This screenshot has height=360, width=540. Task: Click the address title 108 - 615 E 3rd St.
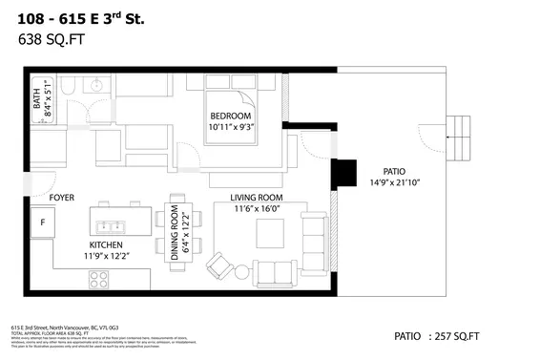[81, 16]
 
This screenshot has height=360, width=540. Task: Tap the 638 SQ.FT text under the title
[46, 39]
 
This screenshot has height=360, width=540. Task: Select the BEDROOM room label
[230, 116]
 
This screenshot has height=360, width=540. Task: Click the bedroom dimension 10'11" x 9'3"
[230, 127]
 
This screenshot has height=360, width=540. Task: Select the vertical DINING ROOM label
[175, 233]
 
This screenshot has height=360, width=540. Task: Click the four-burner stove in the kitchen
[99, 279]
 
